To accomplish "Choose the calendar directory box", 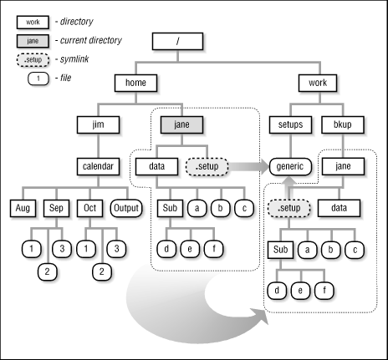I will pyautogui.click(x=101, y=165).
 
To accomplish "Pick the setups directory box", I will pyautogui.click(x=291, y=124).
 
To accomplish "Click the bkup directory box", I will pyautogui.click(x=341, y=124).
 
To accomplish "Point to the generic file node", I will pyautogui.click(x=291, y=165).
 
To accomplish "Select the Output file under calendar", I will pyautogui.click(x=126, y=206).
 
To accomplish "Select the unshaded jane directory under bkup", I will pyautogui.click(x=341, y=165).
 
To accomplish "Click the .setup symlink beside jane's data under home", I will pyautogui.click(x=204, y=165).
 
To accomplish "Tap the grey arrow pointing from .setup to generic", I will pyautogui.click(x=247, y=165).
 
